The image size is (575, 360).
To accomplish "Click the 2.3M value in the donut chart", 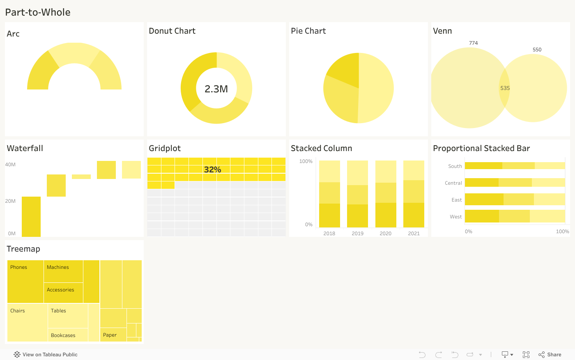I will [216, 89].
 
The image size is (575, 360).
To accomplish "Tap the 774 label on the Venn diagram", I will [473, 43].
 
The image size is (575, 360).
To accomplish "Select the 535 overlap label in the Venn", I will [505, 88].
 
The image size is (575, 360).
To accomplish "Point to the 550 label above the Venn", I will [537, 50].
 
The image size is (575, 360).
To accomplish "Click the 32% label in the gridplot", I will [212, 170].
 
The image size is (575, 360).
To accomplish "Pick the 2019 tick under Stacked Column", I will [357, 234].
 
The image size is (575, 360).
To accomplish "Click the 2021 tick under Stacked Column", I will [414, 234].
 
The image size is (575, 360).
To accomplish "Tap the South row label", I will [455, 166].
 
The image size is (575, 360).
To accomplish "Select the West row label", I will [455, 217].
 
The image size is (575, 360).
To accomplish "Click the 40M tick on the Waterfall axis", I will [10, 165].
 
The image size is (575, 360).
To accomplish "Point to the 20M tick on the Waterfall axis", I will [10, 201].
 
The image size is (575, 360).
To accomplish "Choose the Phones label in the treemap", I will [19, 267].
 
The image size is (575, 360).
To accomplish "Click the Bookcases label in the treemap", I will [63, 335].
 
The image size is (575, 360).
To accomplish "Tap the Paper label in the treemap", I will [110, 335].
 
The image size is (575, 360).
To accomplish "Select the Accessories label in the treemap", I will [60, 290].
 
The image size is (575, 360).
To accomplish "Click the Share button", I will [550, 355].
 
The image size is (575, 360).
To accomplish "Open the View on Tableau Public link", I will [46, 355].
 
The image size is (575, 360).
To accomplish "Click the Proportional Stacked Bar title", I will [481, 148].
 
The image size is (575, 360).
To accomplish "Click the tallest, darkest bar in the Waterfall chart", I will [31, 217].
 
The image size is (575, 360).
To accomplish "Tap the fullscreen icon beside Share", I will [526, 355].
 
